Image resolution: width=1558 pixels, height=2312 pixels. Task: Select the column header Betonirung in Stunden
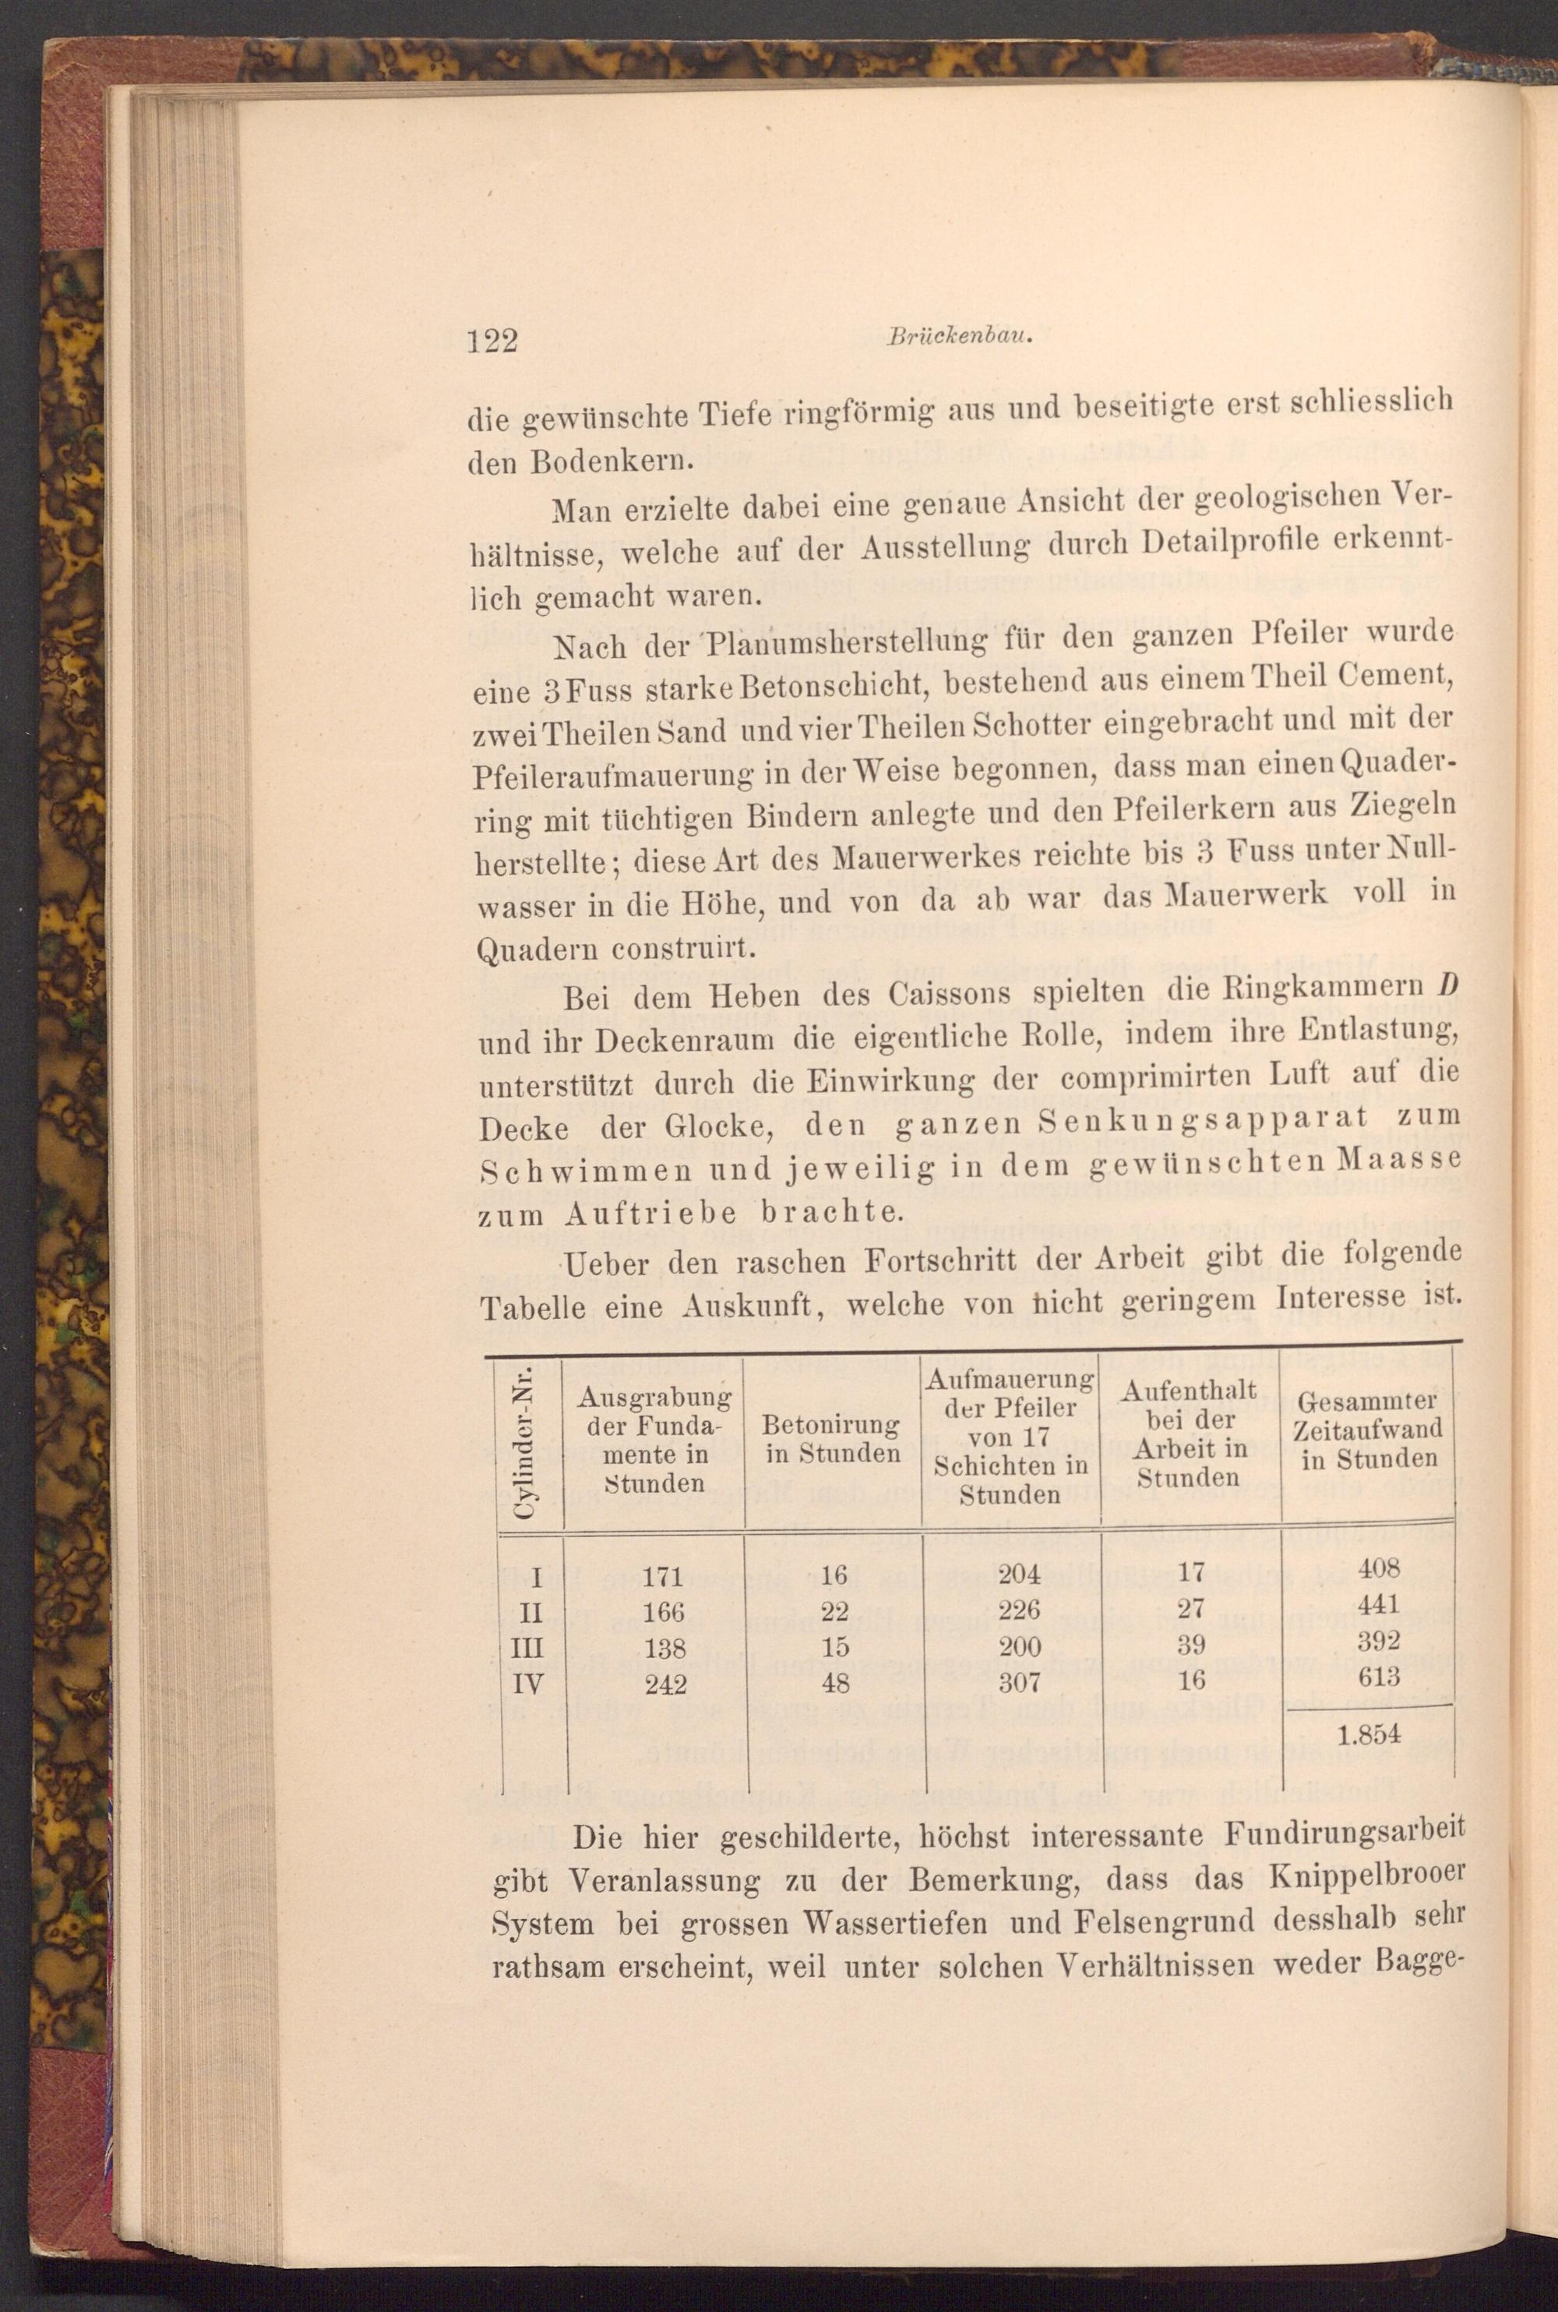click(833, 1439)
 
